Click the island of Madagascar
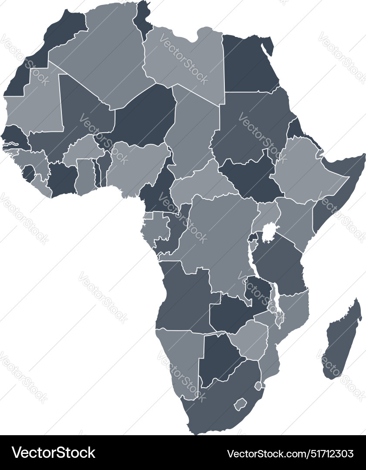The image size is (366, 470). (342, 342)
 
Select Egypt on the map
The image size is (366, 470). (248, 65)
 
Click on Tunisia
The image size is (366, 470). (142, 20)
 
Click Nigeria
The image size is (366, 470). (137, 168)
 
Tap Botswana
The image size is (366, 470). (220, 359)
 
